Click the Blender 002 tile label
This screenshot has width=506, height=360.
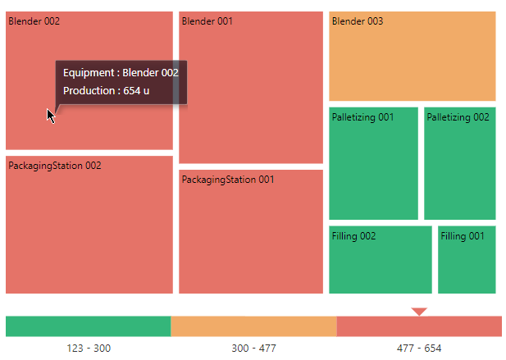[34, 21]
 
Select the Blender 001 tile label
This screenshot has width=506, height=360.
[207, 21]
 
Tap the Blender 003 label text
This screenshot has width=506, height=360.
[357, 21]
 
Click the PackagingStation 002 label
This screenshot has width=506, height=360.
[55, 166]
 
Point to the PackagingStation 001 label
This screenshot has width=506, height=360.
[228, 180]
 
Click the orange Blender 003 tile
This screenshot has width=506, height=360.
[412, 62]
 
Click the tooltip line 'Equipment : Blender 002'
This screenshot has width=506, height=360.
[121, 73]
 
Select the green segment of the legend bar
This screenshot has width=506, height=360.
[88, 326]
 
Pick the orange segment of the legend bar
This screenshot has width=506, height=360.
[253, 326]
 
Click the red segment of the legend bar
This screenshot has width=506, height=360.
[419, 326]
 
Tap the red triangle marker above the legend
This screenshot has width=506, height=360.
[419, 312]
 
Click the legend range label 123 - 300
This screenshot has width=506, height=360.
[89, 349]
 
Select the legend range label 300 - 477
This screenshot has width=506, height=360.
[253, 349]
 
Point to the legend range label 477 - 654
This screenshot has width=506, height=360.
[419, 349]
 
